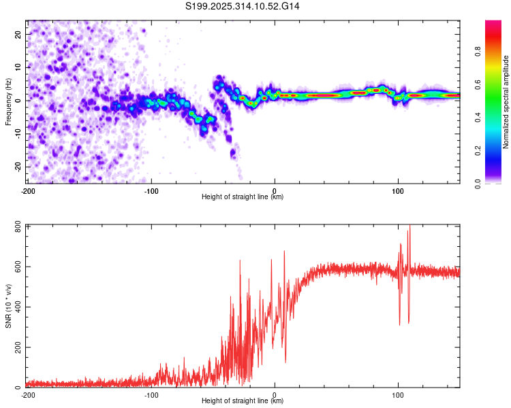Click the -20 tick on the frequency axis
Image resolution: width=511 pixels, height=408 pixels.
tap(16, 167)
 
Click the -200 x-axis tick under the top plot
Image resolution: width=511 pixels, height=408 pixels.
tap(28, 190)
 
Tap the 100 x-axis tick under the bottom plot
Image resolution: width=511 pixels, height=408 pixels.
tap(399, 394)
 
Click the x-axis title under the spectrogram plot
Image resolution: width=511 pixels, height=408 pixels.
tap(243, 197)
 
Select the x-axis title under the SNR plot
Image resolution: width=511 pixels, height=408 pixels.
tap(243, 401)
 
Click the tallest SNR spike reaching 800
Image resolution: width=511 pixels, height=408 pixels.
tap(409, 228)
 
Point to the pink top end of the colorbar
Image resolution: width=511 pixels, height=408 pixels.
tap(493, 24)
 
